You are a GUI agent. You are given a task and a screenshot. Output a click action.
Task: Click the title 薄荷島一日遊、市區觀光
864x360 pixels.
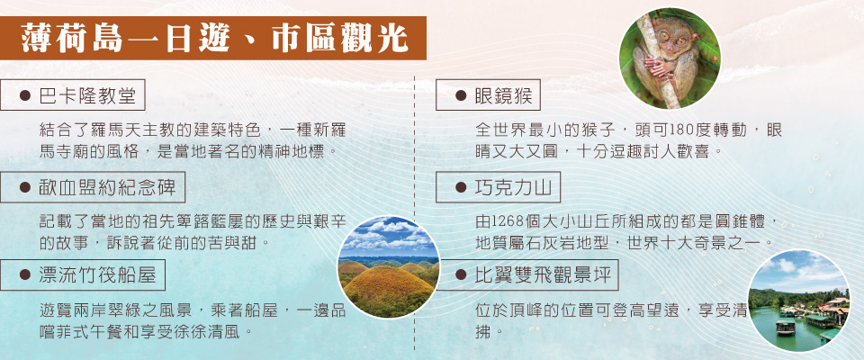(214, 39)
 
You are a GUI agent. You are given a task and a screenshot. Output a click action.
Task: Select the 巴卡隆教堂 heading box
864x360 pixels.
(73, 96)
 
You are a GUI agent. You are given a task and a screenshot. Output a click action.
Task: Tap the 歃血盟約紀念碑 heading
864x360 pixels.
(93, 187)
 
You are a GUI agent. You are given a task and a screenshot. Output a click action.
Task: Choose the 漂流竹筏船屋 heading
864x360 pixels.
(83, 275)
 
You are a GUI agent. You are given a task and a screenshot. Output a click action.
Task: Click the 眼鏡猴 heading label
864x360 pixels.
(488, 96)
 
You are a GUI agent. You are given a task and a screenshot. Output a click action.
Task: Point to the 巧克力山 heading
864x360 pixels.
(498, 187)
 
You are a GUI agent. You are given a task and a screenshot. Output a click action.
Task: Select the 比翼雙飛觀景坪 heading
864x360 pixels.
(526, 275)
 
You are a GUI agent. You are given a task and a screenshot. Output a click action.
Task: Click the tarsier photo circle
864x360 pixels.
(670, 58)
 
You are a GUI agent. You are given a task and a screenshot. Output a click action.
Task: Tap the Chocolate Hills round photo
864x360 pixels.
(389, 266)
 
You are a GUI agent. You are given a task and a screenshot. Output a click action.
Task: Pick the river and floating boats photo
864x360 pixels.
(799, 301)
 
